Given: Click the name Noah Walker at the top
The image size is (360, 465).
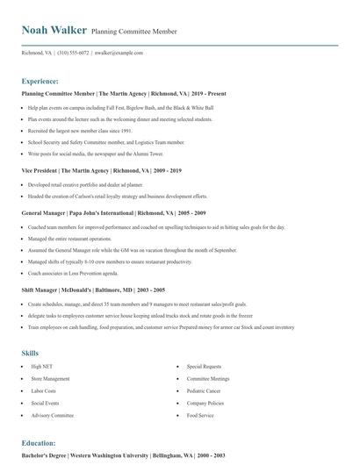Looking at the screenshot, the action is pyautogui.click(x=54, y=29).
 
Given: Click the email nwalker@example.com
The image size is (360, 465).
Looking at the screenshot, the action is pyautogui.click(x=119, y=53).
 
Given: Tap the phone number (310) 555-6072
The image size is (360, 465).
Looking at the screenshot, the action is pyautogui.click(x=73, y=53).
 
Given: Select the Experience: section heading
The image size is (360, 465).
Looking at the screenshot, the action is pyautogui.click(x=40, y=80).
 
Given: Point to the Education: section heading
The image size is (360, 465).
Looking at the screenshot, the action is pyautogui.click(x=39, y=443).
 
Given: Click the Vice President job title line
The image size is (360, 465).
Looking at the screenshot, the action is pyautogui.click(x=101, y=170).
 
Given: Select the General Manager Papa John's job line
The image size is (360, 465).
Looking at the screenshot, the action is pyautogui.click(x=114, y=213).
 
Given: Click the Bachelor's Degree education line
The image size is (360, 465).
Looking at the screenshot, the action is pyautogui.click(x=123, y=456).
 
